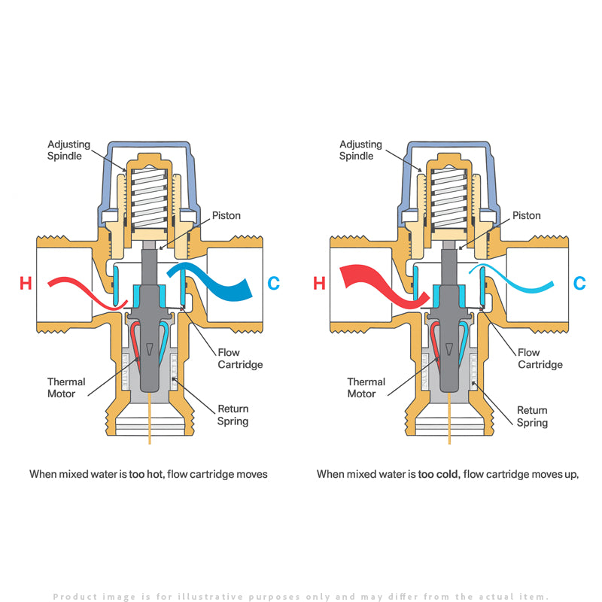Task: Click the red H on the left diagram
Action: click(x=26, y=284)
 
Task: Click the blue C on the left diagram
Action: click(x=274, y=284)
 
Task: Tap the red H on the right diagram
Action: click(x=319, y=284)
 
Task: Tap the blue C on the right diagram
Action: click(x=579, y=284)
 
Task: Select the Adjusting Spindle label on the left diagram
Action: click(x=68, y=150)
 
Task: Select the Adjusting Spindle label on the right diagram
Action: click(x=360, y=150)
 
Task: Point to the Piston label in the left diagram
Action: click(x=226, y=216)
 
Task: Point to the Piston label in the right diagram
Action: click(x=527, y=216)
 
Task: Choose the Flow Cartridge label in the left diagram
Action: click(x=240, y=358)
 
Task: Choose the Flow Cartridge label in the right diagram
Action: click(x=540, y=358)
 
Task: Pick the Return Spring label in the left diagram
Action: click(x=233, y=415)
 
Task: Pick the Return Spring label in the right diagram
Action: click(x=532, y=416)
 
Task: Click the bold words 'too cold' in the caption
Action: click(x=438, y=474)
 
